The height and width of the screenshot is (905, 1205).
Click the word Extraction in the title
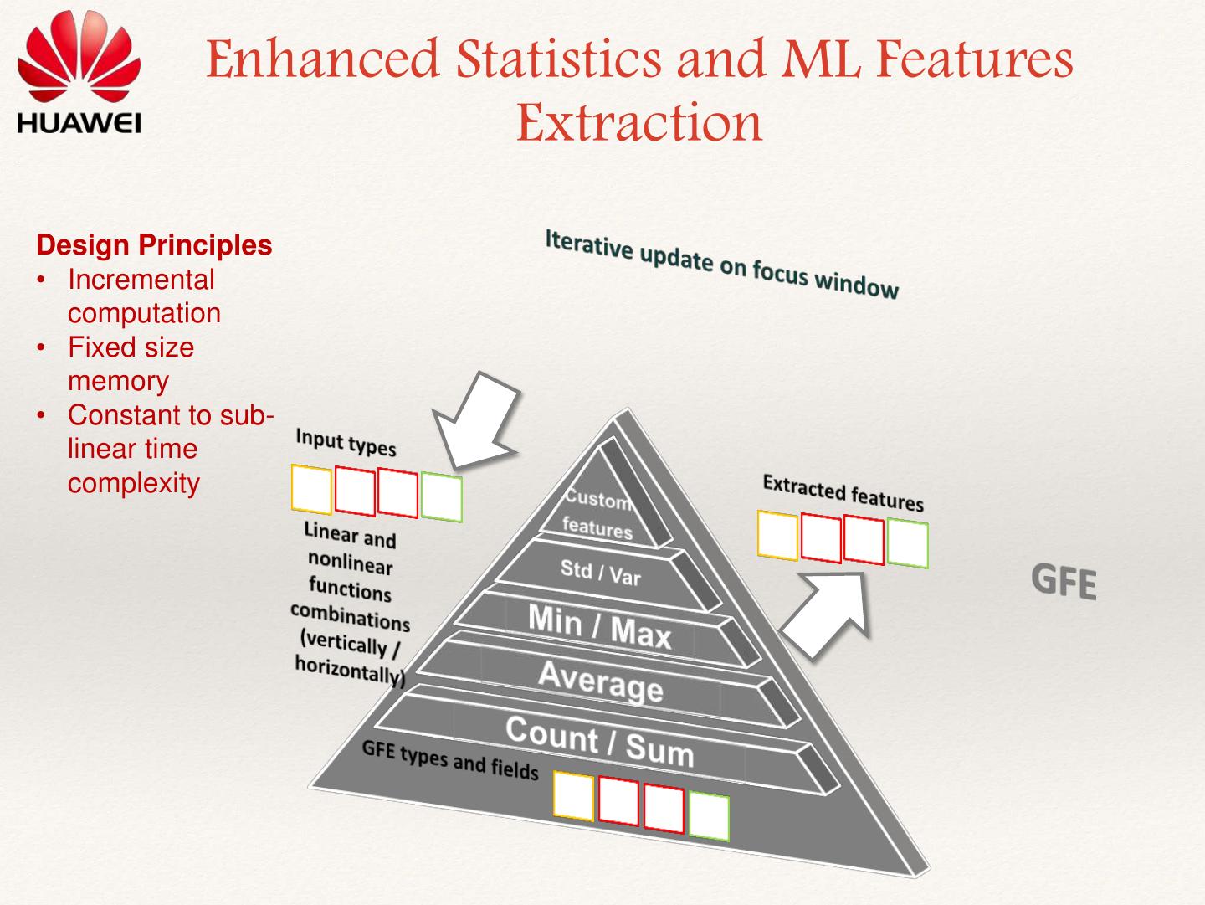pos(639,122)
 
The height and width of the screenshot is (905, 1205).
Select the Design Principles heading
pos(155,245)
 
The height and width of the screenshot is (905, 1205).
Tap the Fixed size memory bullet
pos(130,363)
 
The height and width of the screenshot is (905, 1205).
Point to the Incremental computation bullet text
pos(143,296)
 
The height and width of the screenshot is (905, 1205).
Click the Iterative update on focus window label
pos(721,264)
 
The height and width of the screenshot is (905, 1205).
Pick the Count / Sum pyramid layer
pos(599,741)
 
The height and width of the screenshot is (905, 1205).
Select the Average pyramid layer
pos(600,680)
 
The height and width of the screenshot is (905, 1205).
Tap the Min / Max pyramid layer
pos(599,626)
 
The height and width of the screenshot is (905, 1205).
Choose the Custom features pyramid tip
pos(597,513)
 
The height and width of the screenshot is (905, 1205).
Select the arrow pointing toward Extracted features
pos(825,613)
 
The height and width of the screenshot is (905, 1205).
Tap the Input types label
pos(346,441)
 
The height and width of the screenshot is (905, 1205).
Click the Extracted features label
pos(843,492)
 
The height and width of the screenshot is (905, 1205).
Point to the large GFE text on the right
pos(1064,581)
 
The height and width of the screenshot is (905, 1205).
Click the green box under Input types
pos(441,497)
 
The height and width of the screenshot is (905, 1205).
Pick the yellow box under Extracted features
pos(777,535)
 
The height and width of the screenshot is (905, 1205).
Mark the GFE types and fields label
pos(450,760)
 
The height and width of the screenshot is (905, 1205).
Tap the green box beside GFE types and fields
pos(709,817)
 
